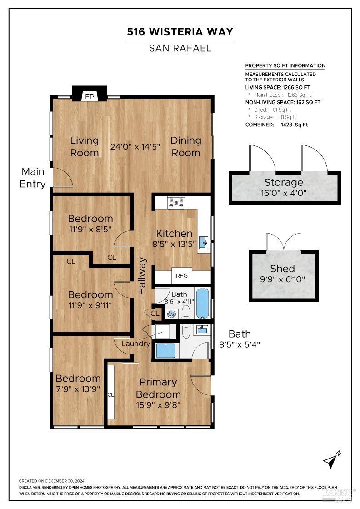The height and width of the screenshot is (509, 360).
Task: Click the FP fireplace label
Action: [90, 96]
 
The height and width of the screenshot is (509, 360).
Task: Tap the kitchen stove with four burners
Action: [175, 202]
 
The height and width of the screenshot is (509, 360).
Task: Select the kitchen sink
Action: [203, 241]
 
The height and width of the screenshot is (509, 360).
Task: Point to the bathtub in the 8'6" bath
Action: [203, 304]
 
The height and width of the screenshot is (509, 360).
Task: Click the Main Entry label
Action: [33, 178]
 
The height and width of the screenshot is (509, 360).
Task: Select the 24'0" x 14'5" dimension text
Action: [135, 146]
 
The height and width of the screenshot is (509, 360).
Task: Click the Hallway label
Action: [143, 276]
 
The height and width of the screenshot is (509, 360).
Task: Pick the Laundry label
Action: [135, 344]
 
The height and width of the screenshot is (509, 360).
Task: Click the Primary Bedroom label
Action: [158, 388]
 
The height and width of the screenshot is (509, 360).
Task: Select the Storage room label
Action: [284, 183]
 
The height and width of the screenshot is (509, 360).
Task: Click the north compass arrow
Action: [332, 460]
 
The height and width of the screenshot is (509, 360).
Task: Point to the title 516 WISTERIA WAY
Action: [180, 32]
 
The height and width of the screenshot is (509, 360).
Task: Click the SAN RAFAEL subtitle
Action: [180, 48]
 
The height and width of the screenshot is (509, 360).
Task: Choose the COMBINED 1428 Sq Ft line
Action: [276, 125]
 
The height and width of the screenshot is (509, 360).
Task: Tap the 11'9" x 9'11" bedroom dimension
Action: [90, 304]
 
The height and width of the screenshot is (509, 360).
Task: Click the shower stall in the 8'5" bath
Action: [165, 350]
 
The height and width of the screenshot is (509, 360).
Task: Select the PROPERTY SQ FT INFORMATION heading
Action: [285, 65]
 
